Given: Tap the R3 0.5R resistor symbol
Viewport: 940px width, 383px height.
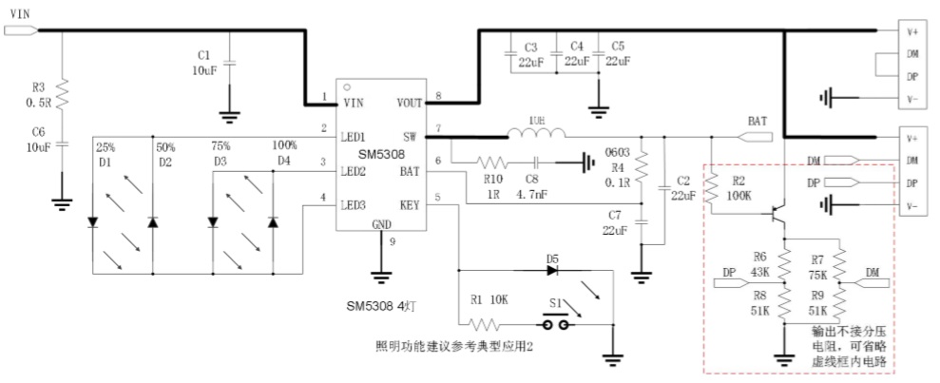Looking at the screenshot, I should [x=63, y=95].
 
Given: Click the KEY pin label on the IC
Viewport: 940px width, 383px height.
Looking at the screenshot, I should [x=410, y=204].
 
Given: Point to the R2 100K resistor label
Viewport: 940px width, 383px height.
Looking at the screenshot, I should [x=738, y=186].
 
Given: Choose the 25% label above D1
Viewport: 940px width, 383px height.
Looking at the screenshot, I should [x=106, y=149].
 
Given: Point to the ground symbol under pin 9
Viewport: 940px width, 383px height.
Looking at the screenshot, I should [x=382, y=278].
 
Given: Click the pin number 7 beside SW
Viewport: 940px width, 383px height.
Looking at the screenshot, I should [x=438, y=127].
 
